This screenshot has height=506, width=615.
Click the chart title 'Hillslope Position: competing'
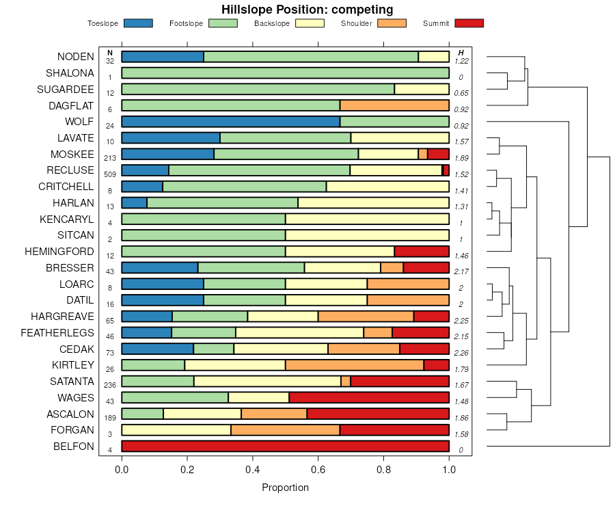[x=307, y=10]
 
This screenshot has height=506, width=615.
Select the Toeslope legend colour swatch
[x=139, y=23]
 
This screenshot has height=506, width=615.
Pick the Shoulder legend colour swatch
[x=392, y=23]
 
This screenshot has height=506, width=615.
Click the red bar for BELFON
[x=285, y=447]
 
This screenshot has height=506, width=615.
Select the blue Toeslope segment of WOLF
[x=230, y=122]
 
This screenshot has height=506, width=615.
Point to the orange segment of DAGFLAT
[x=394, y=105]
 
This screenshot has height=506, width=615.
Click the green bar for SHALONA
[x=285, y=73]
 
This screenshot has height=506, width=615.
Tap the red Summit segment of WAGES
[x=369, y=397]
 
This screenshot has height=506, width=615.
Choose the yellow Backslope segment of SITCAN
[x=367, y=235]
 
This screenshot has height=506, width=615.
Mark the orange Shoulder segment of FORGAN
[x=285, y=430]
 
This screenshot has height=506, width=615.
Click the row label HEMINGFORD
[x=59, y=252]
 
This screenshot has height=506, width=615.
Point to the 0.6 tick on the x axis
[x=318, y=460]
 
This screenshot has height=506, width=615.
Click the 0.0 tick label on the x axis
[x=122, y=470]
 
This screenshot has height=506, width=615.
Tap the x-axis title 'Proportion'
[x=285, y=488]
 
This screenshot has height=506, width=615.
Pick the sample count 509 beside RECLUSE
[x=110, y=174]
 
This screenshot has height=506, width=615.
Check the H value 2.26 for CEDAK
[x=461, y=353]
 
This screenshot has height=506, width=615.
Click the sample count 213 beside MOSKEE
[x=110, y=158]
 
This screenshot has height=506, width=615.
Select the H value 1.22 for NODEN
[x=461, y=61]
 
